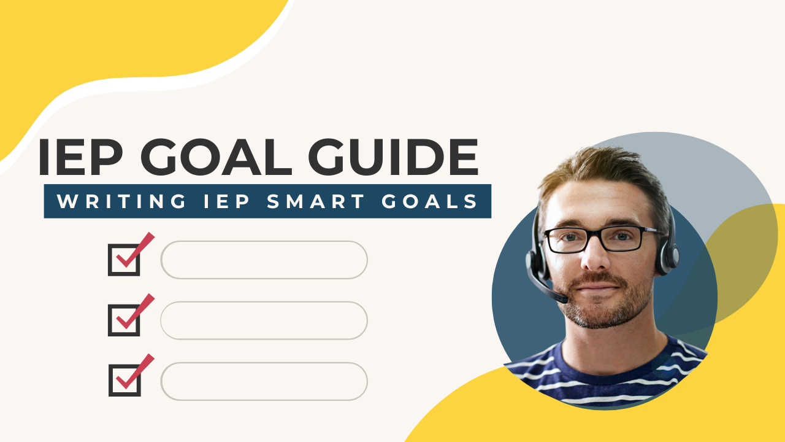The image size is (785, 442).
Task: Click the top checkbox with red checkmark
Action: click(x=124, y=259)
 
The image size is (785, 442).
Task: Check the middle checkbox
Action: click(x=124, y=320)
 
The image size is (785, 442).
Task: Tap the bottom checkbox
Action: click(x=124, y=380)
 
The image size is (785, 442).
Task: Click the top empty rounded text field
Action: click(x=264, y=260)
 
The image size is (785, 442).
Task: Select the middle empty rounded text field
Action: click(x=264, y=320)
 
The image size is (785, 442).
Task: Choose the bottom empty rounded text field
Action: click(x=264, y=381)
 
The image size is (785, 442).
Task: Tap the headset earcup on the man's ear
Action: click(x=665, y=255)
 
